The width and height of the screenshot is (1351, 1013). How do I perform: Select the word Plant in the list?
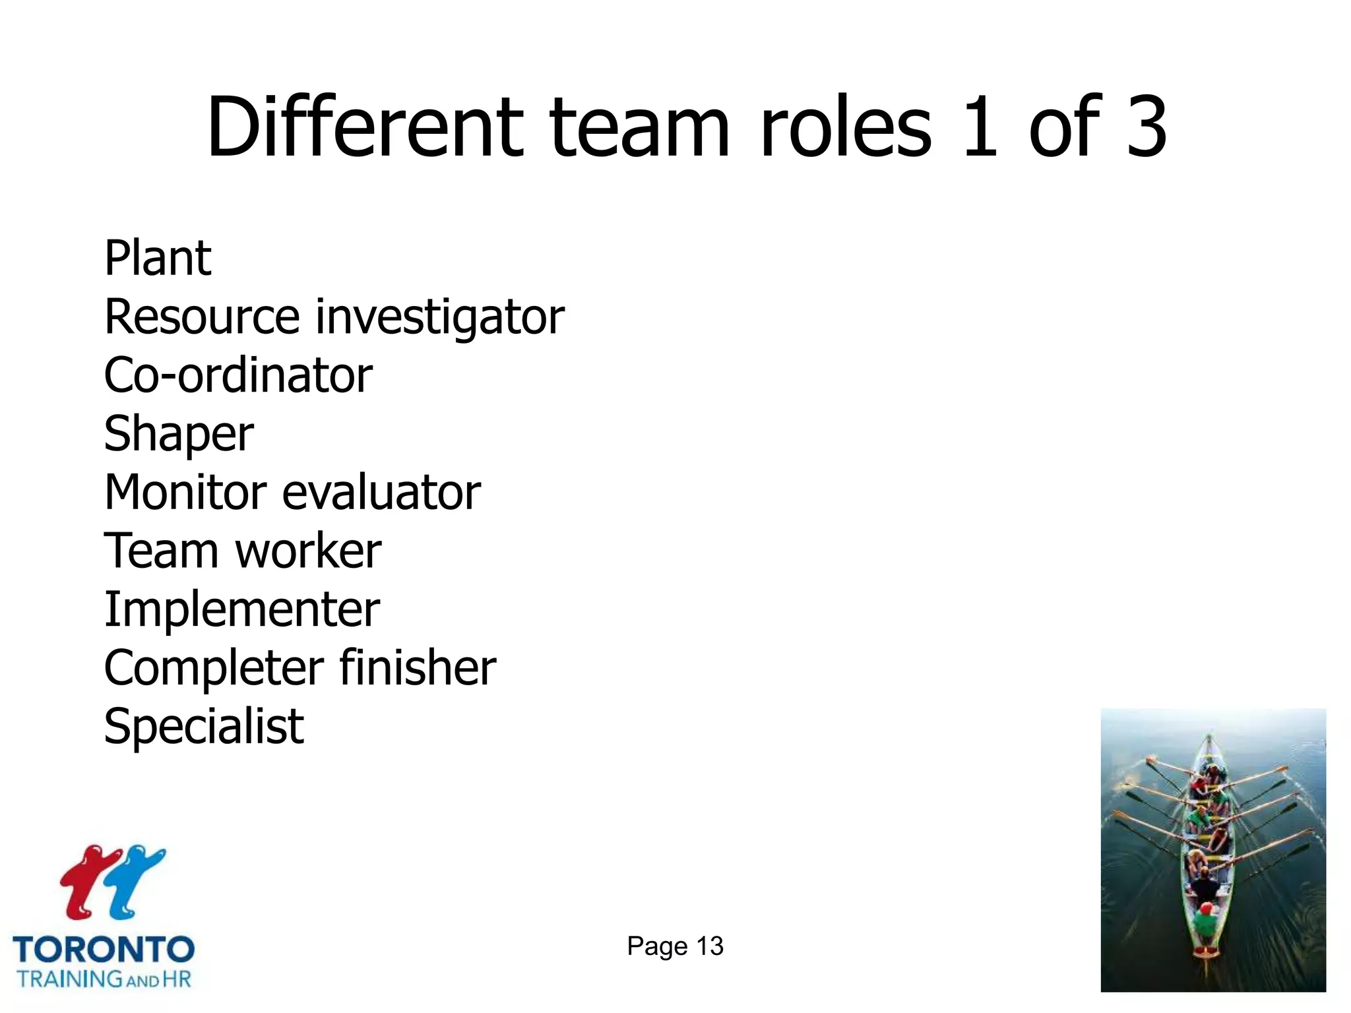(158, 258)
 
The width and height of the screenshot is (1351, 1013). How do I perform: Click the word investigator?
(439, 318)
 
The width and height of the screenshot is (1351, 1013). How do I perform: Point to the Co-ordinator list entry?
(238, 375)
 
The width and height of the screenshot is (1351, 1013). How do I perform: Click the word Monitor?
(184, 492)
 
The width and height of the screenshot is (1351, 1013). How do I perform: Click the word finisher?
(418, 667)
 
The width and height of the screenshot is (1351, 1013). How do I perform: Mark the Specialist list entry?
(204, 726)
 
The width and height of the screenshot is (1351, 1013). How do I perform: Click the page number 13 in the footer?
(710, 946)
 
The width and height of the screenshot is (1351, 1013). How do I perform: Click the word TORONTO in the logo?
(104, 950)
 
